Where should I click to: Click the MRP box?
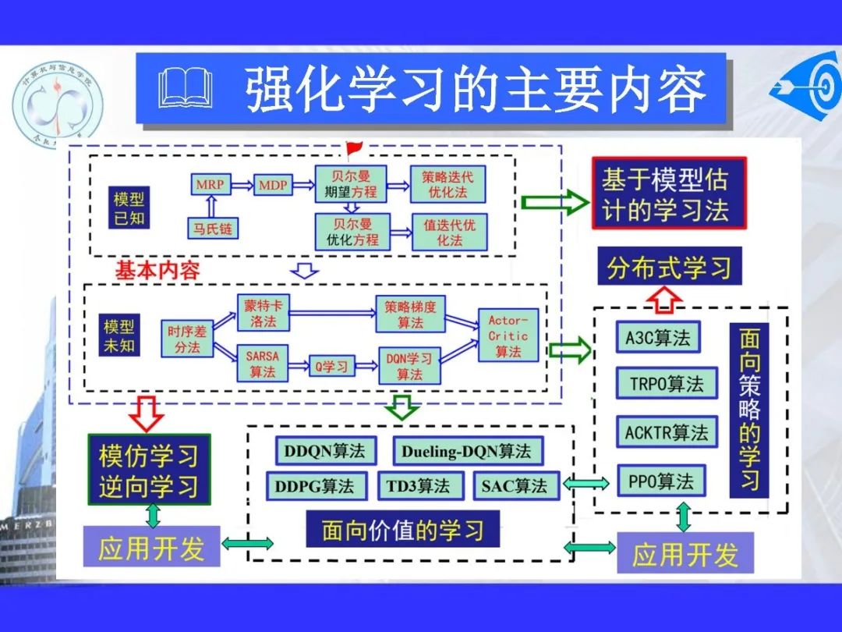[x=210, y=185]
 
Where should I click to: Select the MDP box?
[x=273, y=185]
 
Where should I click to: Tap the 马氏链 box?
[x=214, y=229]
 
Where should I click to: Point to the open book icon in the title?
[x=185, y=87]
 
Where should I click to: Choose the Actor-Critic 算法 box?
[x=508, y=336]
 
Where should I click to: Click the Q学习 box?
[x=331, y=365]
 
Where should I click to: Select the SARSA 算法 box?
[x=262, y=364]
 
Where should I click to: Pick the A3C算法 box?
[x=658, y=337]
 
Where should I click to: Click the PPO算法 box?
[x=660, y=481]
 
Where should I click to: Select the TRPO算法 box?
[x=666, y=384]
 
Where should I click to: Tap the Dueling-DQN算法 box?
[x=465, y=451]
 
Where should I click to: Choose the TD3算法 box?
[x=418, y=486]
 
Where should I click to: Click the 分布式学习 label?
[x=669, y=268]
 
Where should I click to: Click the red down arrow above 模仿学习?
[x=147, y=413]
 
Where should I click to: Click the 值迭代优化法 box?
[x=449, y=232]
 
